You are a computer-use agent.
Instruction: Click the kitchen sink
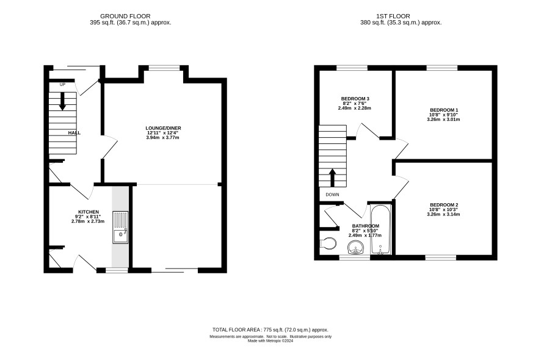120,228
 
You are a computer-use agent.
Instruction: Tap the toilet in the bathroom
328,243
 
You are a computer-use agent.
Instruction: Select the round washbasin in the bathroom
355,248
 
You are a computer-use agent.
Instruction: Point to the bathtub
380,229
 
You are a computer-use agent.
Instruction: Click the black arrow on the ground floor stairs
62,101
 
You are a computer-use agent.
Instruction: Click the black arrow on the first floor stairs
333,178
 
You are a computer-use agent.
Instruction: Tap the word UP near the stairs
62,84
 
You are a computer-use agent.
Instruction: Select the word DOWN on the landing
332,195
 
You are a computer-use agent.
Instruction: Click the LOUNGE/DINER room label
163,128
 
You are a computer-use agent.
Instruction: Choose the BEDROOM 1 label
443,110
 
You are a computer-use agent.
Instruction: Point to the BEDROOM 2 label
443,205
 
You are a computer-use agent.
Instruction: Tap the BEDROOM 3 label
355,99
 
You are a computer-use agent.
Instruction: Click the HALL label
74,133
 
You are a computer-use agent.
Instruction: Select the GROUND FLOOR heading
125,16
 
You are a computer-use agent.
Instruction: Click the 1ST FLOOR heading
393,16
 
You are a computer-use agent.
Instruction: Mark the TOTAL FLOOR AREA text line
270,329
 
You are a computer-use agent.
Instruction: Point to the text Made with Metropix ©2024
270,340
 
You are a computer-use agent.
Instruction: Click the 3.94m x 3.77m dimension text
163,137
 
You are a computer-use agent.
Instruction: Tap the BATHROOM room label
365,226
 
